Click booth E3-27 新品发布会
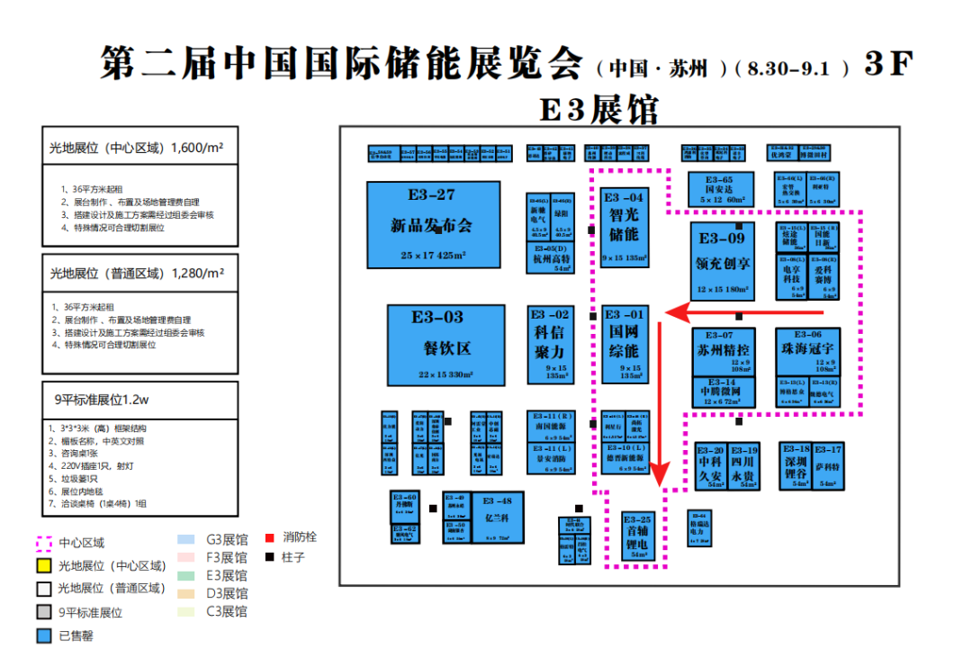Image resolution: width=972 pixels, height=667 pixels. tap(421, 224)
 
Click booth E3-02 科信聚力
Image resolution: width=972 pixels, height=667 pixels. tap(550, 345)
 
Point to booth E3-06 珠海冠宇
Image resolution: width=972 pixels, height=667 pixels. tap(807, 352)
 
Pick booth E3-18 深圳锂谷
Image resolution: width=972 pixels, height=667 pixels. tap(795, 465)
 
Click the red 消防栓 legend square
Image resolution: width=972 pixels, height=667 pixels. tap(269, 538)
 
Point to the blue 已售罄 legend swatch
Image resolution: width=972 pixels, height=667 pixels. tap(43, 635)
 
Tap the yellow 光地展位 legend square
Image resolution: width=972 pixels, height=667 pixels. tap(43, 566)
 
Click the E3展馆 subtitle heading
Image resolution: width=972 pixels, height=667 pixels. tap(598, 110)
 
